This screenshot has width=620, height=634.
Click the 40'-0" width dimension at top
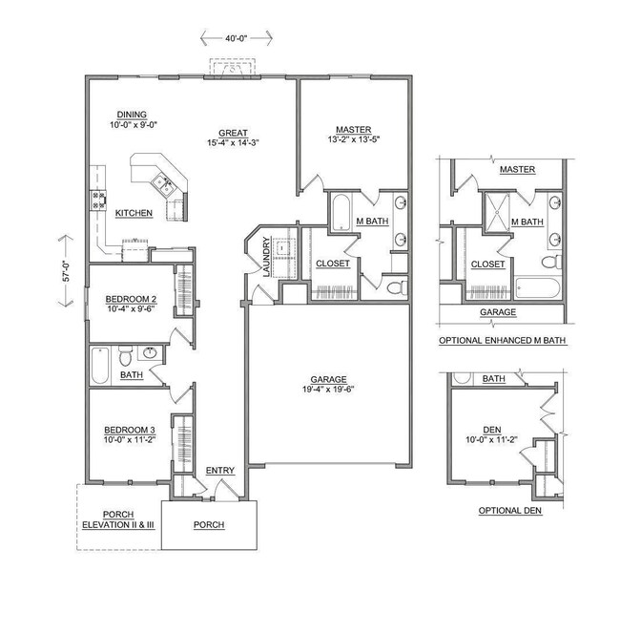pos(237,38)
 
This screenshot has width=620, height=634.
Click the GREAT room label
pos(233,134)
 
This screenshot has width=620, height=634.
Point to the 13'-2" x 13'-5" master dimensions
pos(353,141)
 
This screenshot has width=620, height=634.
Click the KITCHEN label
pos(134,213)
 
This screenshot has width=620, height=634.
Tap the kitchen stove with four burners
pos(97,200)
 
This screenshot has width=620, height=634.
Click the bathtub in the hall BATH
pos(101,363)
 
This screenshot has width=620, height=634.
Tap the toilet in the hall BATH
pos(125,358)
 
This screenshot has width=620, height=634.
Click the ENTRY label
pos(220,471)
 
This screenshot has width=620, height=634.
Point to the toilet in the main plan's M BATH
pos(398,285)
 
